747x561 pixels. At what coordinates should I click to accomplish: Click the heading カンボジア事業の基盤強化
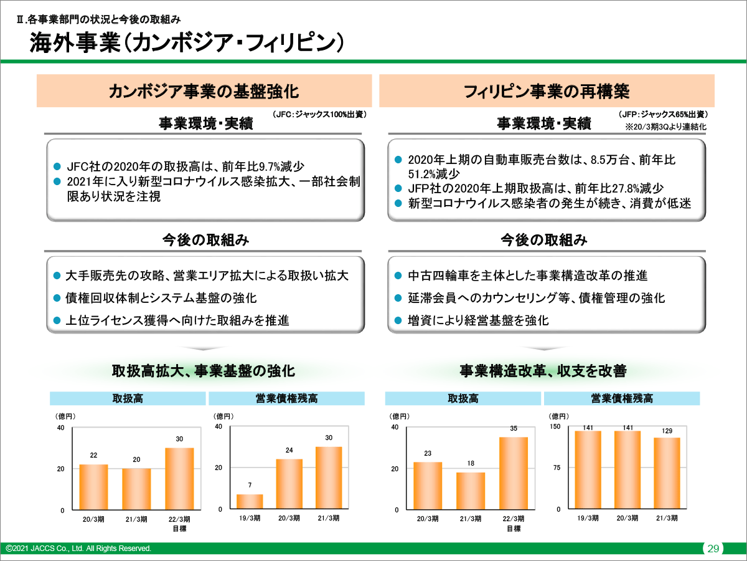204,91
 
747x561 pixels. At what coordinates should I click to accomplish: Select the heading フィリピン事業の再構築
546,91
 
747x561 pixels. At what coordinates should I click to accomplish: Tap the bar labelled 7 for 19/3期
250,502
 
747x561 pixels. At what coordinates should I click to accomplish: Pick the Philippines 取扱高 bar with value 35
514,473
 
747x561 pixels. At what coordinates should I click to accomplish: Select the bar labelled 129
667,473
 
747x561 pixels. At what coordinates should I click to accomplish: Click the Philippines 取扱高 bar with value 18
471,491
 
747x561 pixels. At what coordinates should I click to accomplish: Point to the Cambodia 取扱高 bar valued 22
93,487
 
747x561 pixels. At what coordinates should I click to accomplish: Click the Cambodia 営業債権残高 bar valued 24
289,484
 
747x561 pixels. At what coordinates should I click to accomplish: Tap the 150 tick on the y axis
556,426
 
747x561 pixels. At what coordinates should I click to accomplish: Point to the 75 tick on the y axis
558,468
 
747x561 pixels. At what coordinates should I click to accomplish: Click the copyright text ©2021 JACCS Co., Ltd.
78,549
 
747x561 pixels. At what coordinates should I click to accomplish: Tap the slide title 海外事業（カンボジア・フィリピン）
187,43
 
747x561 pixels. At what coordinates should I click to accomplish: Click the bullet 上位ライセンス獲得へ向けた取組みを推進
177,321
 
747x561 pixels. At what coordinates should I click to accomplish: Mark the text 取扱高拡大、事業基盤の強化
203,371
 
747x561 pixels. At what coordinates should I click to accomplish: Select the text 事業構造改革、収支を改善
543,371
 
